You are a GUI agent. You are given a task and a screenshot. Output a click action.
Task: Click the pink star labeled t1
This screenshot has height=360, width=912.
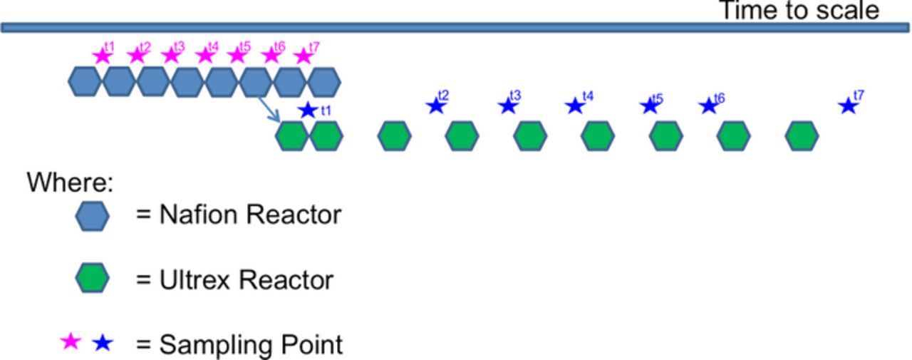pyautogui.click(x=103, y=56)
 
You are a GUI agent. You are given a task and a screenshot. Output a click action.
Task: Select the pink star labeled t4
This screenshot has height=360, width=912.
pyautogui.click(x=205, y=56)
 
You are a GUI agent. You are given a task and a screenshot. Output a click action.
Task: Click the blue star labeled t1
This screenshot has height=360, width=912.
pyautogui.click(x=308, y=110)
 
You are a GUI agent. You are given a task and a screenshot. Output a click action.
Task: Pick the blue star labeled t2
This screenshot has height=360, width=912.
pyautogui.click(x=435, y=106)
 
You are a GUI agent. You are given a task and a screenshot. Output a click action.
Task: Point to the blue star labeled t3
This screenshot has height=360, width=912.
pyautogui.click(x=507, y=106)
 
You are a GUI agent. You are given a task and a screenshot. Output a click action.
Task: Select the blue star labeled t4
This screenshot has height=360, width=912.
pyautogui.click(x=574, y=106)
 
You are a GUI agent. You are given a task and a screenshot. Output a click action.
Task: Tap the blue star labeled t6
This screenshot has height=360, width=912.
pyautogui.click(x=708, y=106)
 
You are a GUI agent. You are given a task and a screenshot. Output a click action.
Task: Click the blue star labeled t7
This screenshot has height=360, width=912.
pyautogui.click(x=847, y=106)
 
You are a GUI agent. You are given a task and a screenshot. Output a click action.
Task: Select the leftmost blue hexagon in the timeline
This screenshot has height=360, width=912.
pyautogui.click(x=85, y=81)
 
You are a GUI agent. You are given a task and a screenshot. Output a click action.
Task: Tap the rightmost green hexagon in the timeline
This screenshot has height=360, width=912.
pyautogui.click(x=802, y=135)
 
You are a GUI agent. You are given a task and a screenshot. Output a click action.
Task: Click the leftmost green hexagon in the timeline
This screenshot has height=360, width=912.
pyautogui.click(x=292, y=135)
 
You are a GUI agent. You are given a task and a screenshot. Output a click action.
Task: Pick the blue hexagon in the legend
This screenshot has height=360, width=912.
pyautogui.click(x=92, y=215)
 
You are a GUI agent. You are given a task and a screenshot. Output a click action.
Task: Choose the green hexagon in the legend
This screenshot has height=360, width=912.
pyautogui.click(x=92, y=279)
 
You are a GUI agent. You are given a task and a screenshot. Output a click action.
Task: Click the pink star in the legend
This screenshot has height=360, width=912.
pyautogui.click(x=71, y=343)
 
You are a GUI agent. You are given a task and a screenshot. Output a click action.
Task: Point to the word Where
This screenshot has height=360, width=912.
pyautogui.click(x=70, y=182)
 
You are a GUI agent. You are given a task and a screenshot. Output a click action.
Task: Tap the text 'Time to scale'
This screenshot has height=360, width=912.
pyautogui.click(x=798, y=11)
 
